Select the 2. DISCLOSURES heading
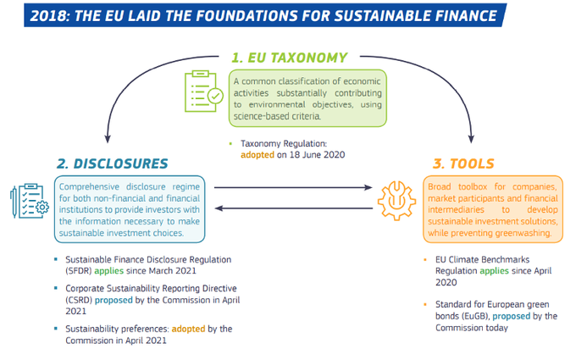[113, 163]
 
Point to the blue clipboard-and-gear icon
[27, 202]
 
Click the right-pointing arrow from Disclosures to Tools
[293, 187]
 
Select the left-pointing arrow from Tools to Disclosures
[293, 208]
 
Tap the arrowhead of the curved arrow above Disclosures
[108, 135]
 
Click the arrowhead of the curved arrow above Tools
[471, 135]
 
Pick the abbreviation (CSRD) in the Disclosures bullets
[75, 300]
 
